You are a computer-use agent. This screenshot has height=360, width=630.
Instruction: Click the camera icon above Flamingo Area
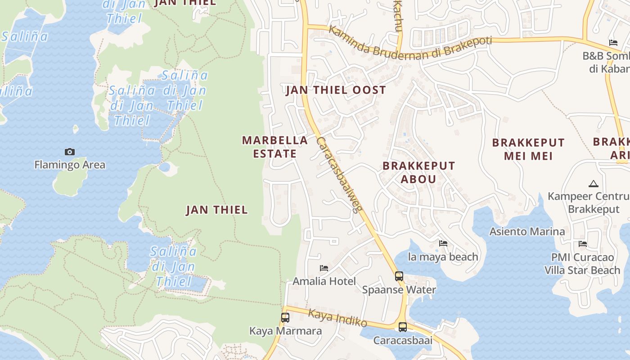70,152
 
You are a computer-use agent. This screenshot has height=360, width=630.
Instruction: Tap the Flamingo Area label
70,165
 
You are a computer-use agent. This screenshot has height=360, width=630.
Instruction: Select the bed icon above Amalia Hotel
324,269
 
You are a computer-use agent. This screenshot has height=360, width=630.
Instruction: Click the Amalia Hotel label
324,282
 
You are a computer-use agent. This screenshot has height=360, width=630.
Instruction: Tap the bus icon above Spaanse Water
399,276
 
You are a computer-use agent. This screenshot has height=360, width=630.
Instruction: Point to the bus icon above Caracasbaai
403,327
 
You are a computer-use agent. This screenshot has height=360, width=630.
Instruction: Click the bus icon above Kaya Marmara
285,318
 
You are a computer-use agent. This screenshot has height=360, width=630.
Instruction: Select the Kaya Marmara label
285,331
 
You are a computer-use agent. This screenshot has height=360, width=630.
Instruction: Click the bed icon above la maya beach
443,243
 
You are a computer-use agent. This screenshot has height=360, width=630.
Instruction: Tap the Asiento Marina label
527,232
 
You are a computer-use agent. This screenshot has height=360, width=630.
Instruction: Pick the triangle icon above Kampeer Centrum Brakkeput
594,184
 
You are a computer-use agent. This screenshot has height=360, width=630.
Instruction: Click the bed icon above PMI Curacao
583,244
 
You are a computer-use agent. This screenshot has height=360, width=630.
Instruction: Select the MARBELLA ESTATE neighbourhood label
275,147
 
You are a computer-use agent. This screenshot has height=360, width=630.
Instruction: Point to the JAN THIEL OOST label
336,90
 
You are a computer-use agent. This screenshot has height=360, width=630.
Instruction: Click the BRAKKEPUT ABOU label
418,172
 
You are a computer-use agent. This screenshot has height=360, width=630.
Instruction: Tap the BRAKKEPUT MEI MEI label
528,149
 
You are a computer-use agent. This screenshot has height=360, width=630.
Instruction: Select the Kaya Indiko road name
337,318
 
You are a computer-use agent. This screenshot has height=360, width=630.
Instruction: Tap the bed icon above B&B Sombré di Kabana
613,43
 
